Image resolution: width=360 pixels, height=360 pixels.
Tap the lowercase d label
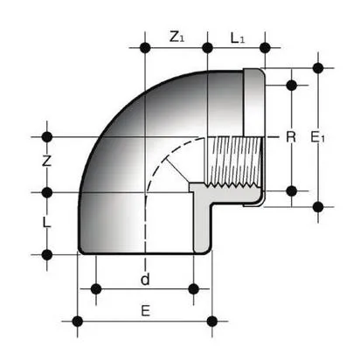[145, 280]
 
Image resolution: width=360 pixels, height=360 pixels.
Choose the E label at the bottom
[145, 311]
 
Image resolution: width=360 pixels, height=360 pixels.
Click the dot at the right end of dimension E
[212, 318]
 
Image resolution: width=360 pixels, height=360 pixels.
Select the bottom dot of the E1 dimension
[318, 207]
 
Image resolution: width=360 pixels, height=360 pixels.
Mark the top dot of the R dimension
[292, 85]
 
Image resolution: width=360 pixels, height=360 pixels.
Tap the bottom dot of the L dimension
[48, 254]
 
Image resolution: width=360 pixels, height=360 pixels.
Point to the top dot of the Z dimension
[48, 136]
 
